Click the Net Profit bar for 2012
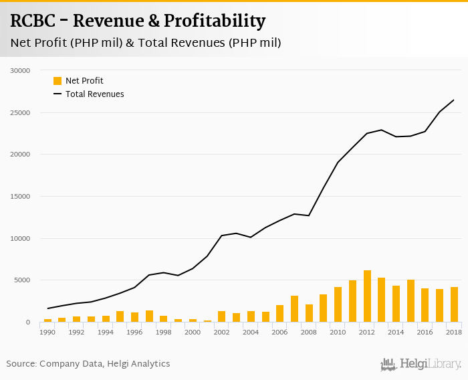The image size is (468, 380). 367,296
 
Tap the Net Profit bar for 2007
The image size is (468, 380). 295,309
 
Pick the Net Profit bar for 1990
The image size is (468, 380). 47,320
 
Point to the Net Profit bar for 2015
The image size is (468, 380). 411,301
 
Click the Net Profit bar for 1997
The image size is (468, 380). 149,316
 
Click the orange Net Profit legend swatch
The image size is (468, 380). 57,81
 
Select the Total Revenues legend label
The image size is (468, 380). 95,94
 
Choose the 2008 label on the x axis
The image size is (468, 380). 309,332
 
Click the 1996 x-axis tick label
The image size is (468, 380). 134,332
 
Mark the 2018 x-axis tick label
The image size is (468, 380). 455,332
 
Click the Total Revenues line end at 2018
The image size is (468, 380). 454,100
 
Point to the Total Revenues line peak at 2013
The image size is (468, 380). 381,130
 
